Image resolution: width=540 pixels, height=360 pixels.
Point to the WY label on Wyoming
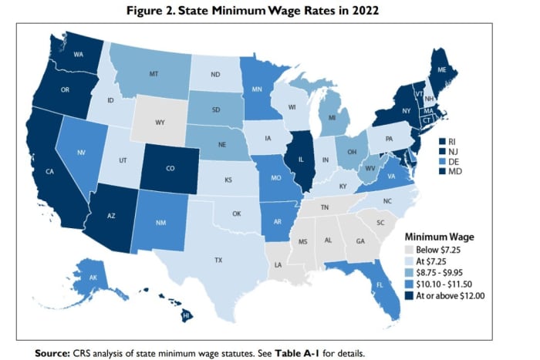(160, 123)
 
